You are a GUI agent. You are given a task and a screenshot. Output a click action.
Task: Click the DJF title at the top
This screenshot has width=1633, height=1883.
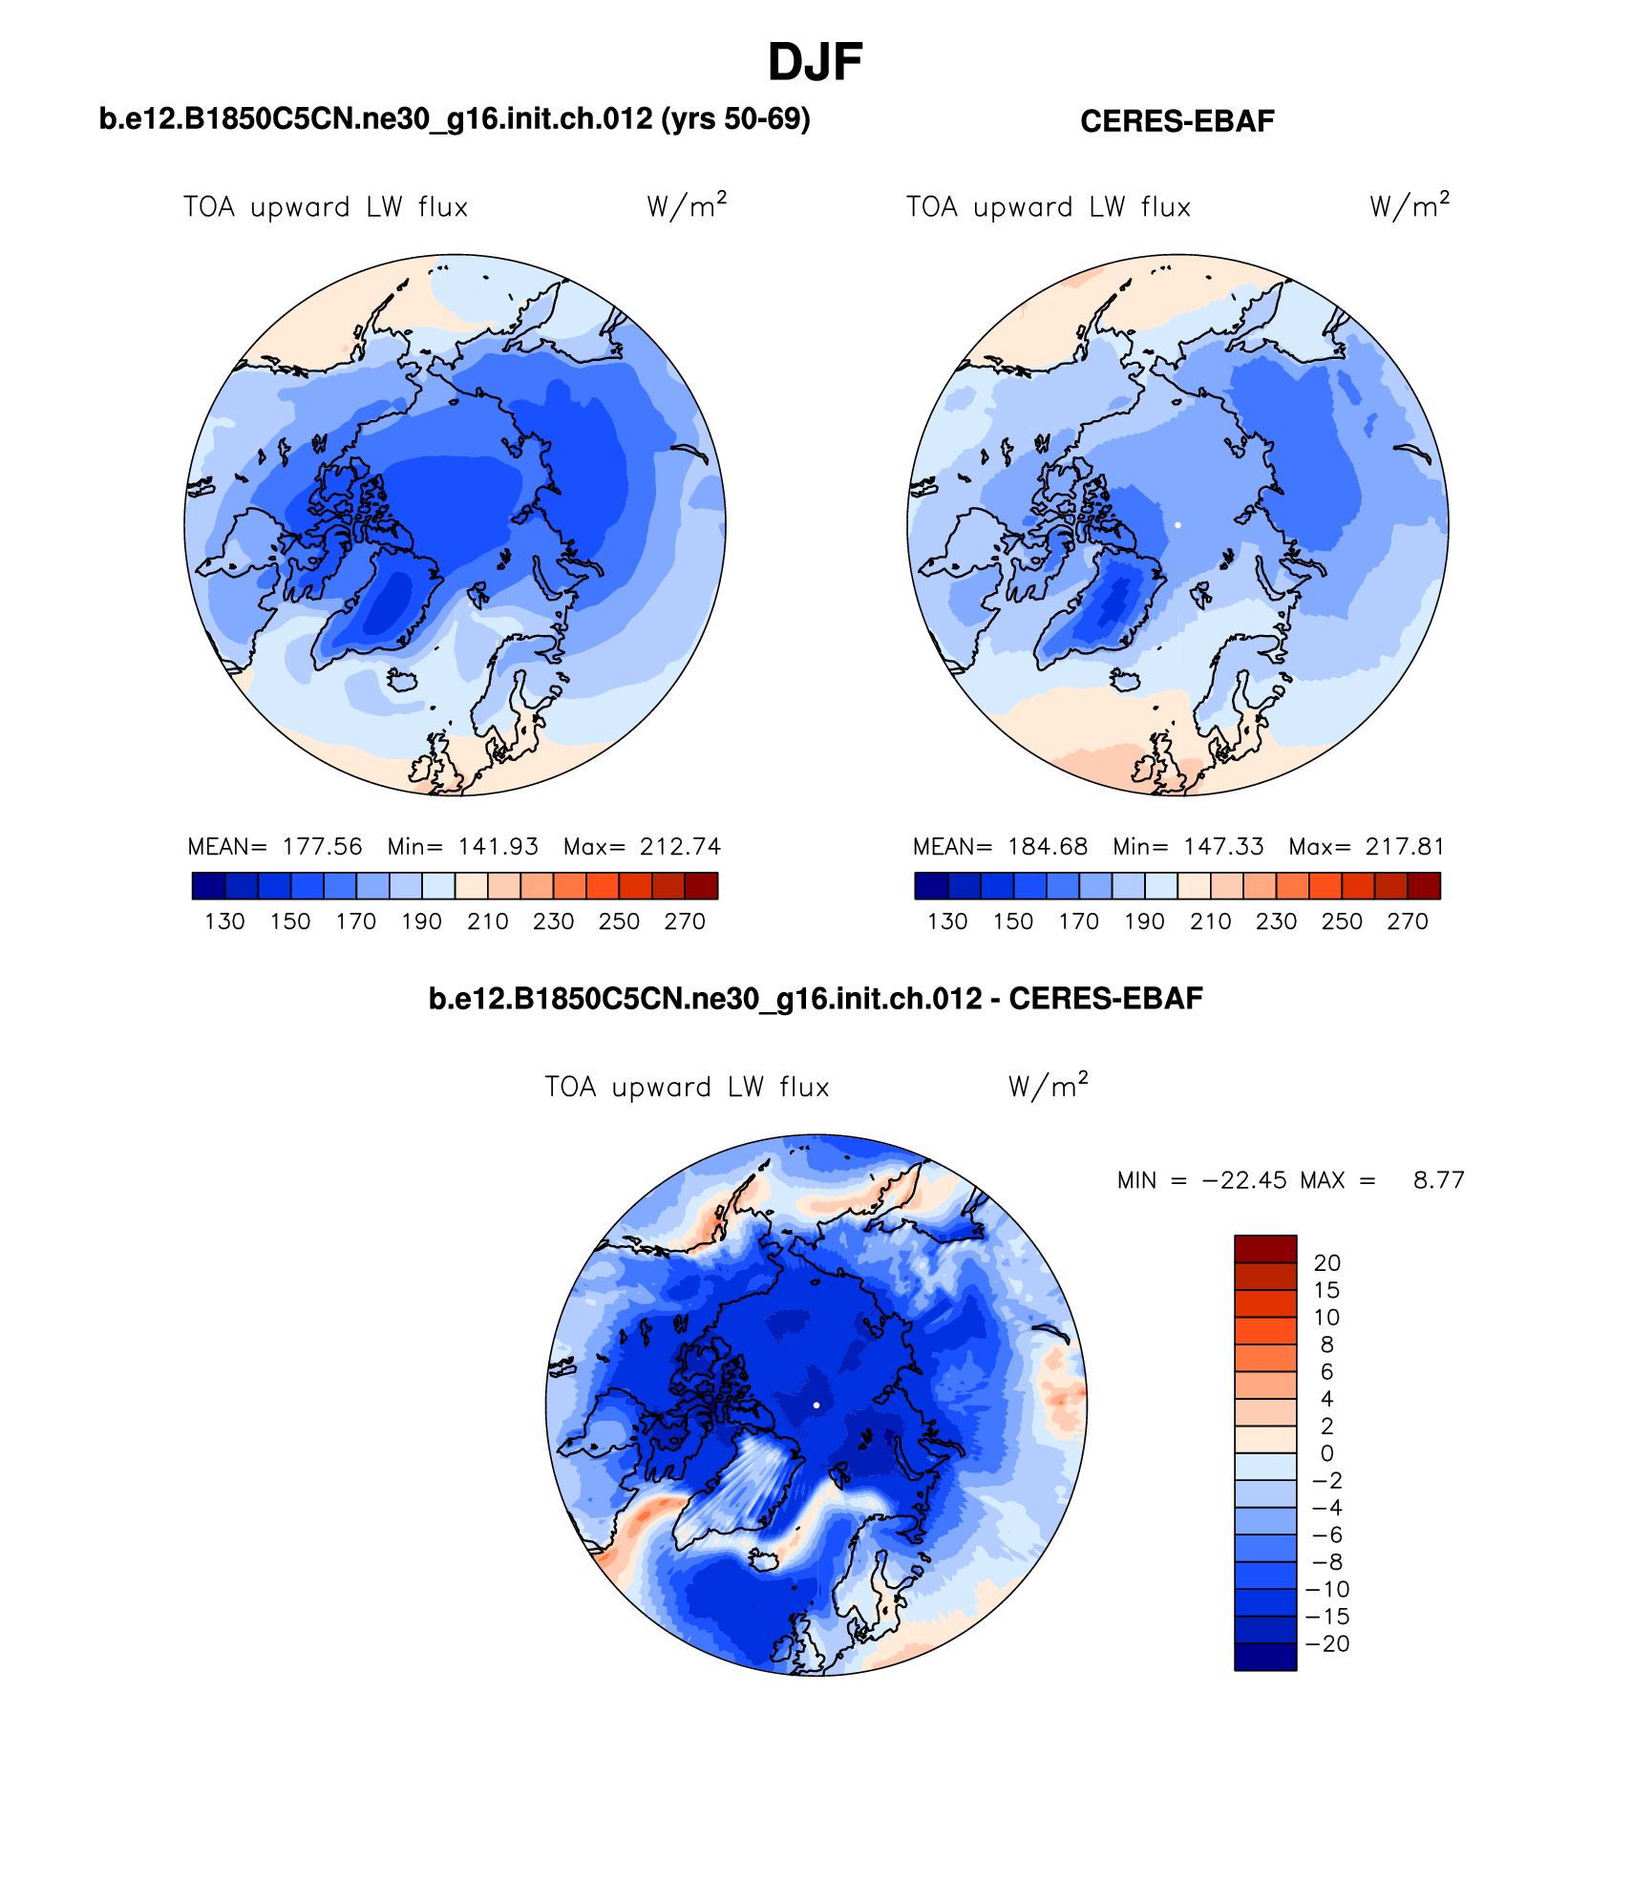coord(815,63)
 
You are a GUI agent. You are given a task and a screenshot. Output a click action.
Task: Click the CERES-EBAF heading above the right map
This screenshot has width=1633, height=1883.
coord(1177,121)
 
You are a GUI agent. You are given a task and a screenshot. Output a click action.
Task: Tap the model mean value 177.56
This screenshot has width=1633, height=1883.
coord(323,847)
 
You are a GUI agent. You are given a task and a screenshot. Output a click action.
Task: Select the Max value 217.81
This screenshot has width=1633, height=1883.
coord(1405,847)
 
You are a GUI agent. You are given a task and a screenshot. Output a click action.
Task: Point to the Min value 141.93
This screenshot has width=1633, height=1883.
coord(498,847)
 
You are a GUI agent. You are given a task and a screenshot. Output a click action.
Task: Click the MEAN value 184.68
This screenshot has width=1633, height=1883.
coord(1048,847)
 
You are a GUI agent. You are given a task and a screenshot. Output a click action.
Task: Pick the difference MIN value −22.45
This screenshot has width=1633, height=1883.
coord(1244,1181)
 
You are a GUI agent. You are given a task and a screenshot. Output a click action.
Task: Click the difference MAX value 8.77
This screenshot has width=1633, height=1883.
coord(1438,1181)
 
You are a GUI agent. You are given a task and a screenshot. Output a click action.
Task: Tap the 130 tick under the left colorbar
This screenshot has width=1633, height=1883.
coord(224,921)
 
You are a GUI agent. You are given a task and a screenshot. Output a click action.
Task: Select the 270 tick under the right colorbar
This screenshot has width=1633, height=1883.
coord(1408,921)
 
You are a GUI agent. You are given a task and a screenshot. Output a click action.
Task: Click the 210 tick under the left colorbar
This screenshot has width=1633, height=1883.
coord(487,921)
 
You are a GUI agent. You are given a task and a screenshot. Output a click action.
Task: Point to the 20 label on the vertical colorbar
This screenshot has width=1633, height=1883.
coord(1327,1263)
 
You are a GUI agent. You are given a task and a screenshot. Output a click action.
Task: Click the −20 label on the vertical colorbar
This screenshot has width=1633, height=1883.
coord(1327,1644)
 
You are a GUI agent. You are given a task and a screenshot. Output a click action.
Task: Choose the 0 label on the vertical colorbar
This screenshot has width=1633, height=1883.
coord(1327,1453)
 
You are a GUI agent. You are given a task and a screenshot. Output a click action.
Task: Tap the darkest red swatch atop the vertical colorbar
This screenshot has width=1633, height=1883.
coord(1265,1249)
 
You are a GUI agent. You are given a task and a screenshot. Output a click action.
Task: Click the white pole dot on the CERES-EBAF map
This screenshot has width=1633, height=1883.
coord(1177,525)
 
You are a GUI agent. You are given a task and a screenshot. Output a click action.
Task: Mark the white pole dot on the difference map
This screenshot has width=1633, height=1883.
coord(816,1405)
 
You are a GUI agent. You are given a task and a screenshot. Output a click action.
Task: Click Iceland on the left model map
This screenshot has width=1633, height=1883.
coord(402,680)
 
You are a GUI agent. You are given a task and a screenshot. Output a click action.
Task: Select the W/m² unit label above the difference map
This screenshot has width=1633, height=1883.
coord(1048,1087)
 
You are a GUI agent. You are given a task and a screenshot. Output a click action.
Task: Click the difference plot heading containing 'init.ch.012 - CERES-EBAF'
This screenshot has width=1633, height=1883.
coord(815,999)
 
